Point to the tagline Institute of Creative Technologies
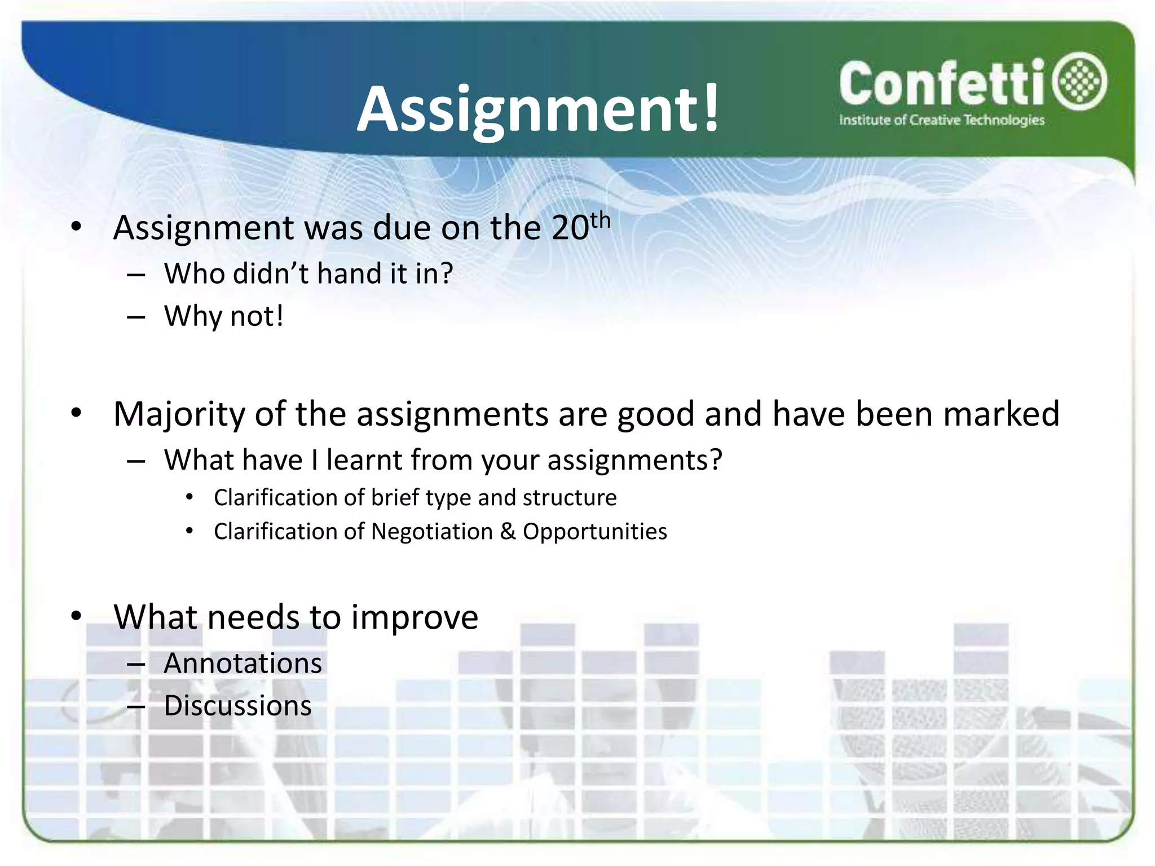941,120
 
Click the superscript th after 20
600,220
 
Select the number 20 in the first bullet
570,228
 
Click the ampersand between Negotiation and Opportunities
508,532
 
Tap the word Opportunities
594,532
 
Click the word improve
415,617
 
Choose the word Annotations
243,663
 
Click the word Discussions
237,705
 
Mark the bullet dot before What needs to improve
76,616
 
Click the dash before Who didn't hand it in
136,275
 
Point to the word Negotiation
432,532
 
